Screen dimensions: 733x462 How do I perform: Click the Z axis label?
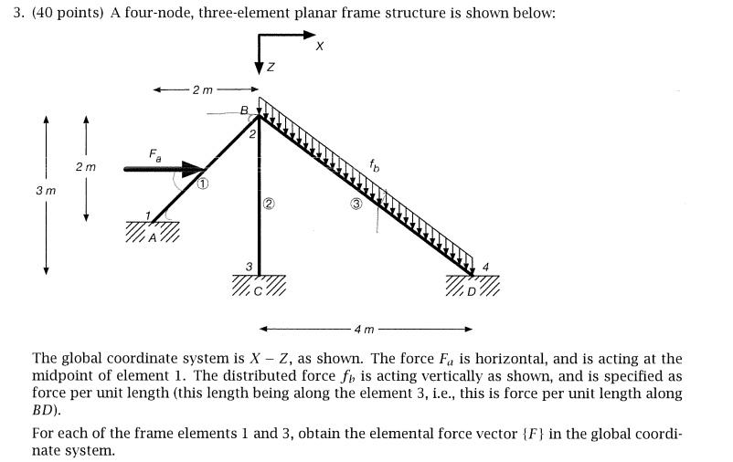(x=271, y=69)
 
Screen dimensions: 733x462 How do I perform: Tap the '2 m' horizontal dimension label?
(x=202, y=89)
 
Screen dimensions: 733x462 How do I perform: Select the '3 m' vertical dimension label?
(x=46, y=192)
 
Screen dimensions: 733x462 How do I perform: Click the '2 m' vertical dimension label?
(x=86, y=167)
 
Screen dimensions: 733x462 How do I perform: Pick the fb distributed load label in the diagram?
(x=376, y=165)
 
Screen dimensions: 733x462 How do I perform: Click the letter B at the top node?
(x=243, y=110)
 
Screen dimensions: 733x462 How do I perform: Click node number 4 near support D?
(x=486, y=267)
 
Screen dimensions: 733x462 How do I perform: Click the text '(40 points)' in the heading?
(x=68, y=15)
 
